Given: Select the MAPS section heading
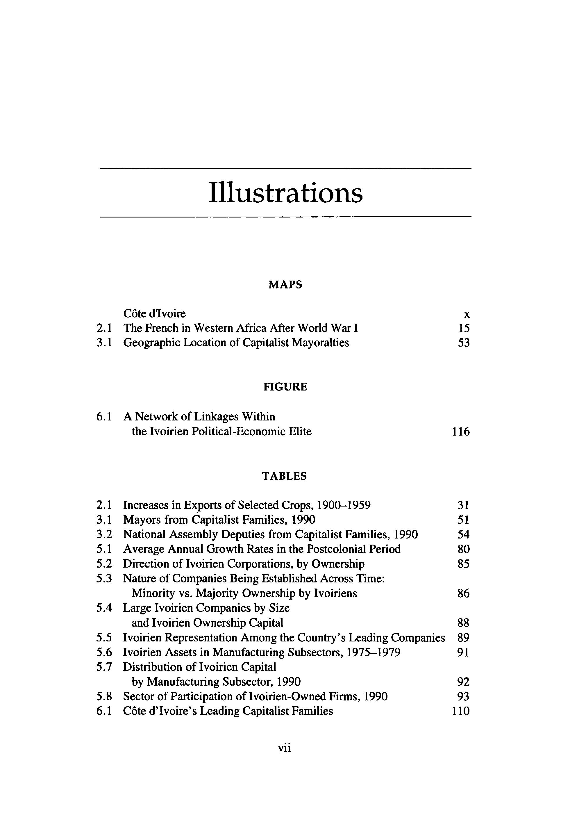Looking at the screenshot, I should pyautogui.click(x=285, y=285).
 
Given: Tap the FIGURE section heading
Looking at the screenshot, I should pyautogui.click(x=285, y=387).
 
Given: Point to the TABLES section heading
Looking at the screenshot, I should pyautogui.click(x=285, y=476).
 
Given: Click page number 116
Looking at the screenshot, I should pyautogui.click(x=461, y=432).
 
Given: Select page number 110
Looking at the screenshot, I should pyautogui.click(x=461, y=711).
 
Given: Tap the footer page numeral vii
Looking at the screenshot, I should pyautogui.click(x=285, y=748).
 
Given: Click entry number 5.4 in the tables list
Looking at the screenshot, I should pyautogui.click(x=104, y=608).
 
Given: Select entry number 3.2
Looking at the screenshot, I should pyautogui.click(x=104, y=534).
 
